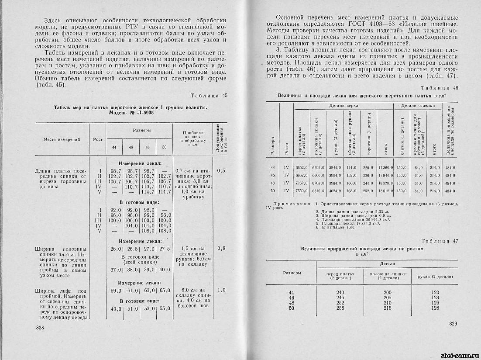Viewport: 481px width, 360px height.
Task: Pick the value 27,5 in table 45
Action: pos(164,249)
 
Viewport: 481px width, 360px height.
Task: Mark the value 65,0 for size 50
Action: pos(164,290)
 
